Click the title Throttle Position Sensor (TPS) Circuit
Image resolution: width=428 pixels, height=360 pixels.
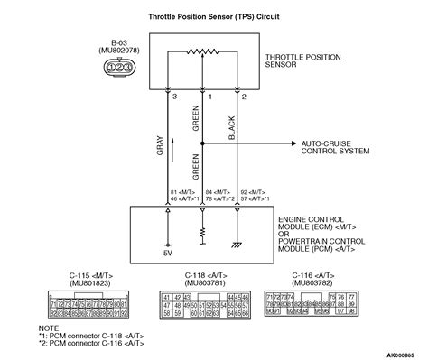point(214,16)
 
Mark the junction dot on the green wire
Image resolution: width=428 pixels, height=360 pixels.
point(201,143)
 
